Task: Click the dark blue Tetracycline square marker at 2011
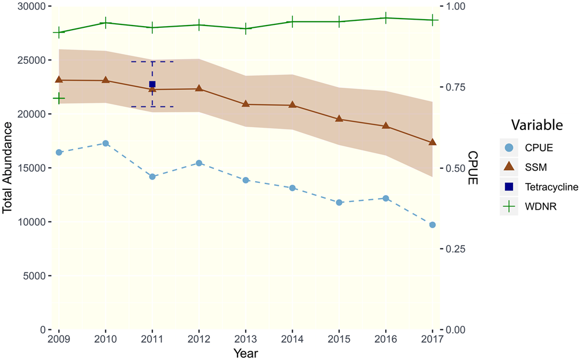point(152,84)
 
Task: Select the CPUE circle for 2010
point(105,143)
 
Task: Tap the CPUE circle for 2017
point(432,225)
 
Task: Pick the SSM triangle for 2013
point(246,104)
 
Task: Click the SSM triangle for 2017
point(432,142)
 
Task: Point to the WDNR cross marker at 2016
point(386,18)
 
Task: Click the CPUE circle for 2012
point(199,163)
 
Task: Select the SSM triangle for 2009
point(59,80)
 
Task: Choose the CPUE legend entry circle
point(509,147)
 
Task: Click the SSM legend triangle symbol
point(509,167)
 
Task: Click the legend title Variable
point(537,125)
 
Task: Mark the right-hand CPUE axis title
point(473,168)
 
